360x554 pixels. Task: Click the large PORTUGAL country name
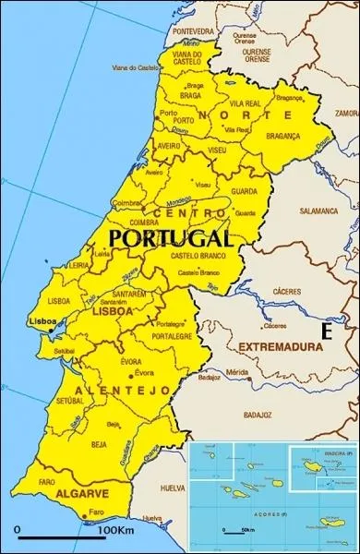(170, 238)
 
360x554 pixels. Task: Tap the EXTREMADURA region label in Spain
(281, 347)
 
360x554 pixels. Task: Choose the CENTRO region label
(188, 213)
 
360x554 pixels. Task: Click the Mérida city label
(237, 372)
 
